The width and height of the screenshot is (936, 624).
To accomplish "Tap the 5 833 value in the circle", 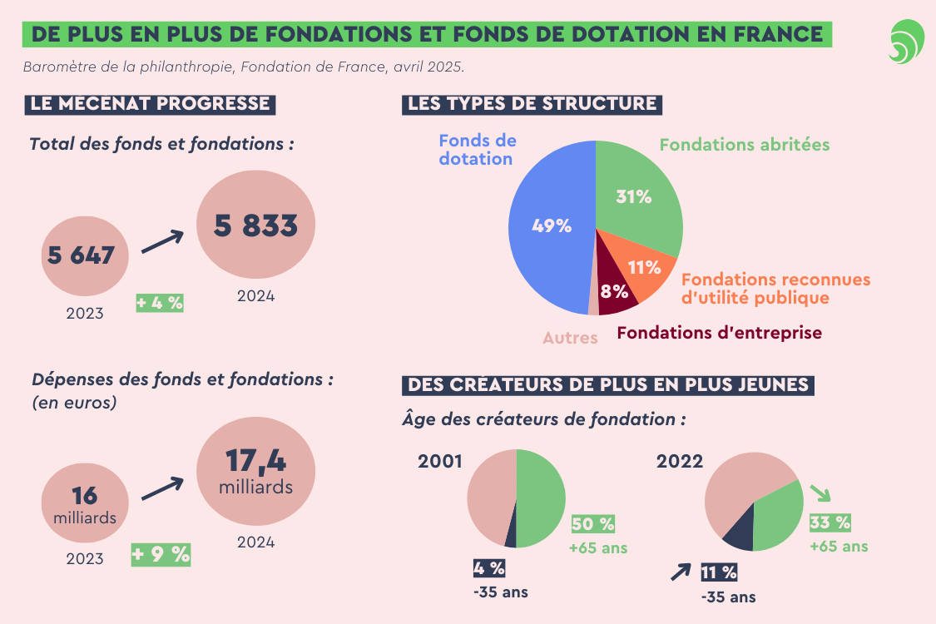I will [255, 225].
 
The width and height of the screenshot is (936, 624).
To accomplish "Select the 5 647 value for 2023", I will [81, 255].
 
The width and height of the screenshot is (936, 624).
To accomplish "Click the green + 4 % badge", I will [160, 303].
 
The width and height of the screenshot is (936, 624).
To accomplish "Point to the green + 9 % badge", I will [161, 554].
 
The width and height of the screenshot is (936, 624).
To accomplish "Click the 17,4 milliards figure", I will [255, 471].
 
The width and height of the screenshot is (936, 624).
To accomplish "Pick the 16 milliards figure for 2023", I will [85, 503].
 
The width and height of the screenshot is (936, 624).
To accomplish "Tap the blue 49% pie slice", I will [549, 226].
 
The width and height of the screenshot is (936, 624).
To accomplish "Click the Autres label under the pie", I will [571, 338].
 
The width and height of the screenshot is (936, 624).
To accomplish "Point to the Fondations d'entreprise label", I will [719, 333].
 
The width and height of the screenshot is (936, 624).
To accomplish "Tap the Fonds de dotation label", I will [478, 149].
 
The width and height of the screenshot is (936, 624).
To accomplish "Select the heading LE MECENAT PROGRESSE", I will [150, 104].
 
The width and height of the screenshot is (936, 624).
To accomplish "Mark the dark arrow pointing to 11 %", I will [680, 572].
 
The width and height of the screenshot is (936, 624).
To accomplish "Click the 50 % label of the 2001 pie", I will [593, 524].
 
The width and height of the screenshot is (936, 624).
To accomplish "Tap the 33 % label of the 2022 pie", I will [830, 522].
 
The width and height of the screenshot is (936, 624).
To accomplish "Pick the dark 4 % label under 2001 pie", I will [488, 569].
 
